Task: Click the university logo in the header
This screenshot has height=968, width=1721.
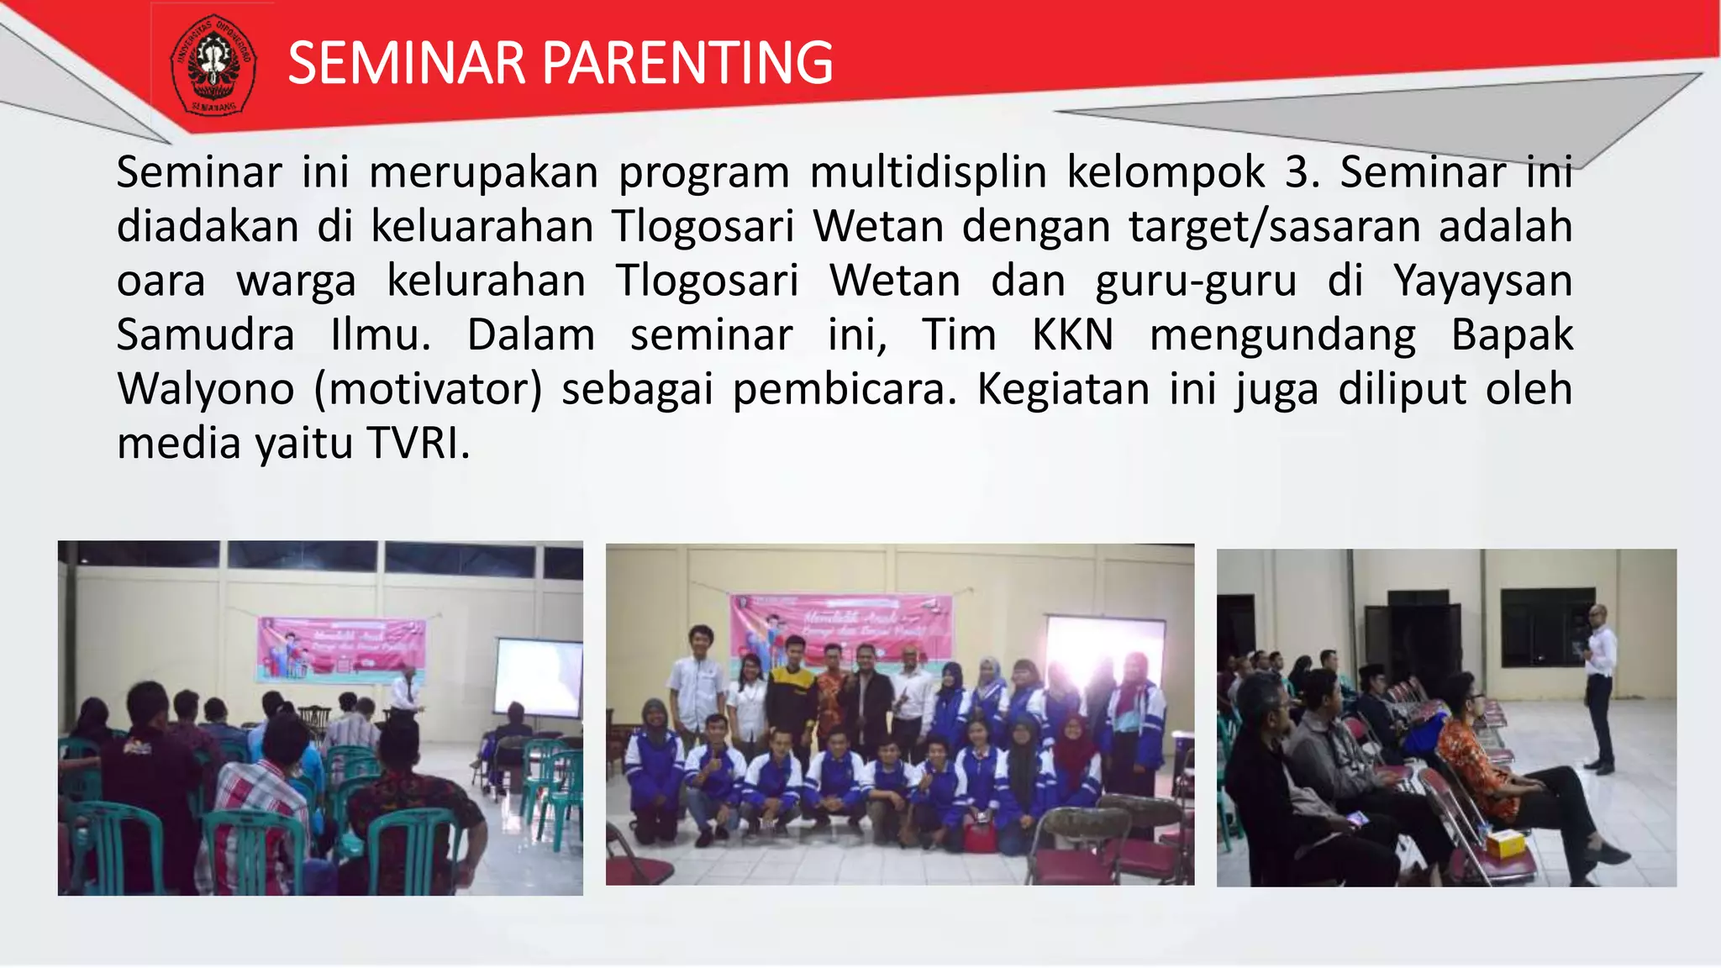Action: tap(213, 66)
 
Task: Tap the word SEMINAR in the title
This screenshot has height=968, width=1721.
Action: tap(406, 64)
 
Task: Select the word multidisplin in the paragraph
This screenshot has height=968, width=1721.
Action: tap(928, 173)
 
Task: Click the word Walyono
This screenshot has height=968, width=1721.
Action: tap(205, 390)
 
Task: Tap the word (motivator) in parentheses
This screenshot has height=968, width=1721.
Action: tap(429, 390)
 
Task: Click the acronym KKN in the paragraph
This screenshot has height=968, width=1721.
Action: tap(1072, 335)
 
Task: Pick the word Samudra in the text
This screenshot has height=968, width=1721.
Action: tap(205, 335)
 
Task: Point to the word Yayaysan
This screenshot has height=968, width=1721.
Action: tap(1482, 281)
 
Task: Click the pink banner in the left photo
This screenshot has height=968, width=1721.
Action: tap(340, 648)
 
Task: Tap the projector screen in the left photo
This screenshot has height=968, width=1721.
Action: tap(538, 677)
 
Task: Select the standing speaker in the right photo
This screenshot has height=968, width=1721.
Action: tap(1599, 685)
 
